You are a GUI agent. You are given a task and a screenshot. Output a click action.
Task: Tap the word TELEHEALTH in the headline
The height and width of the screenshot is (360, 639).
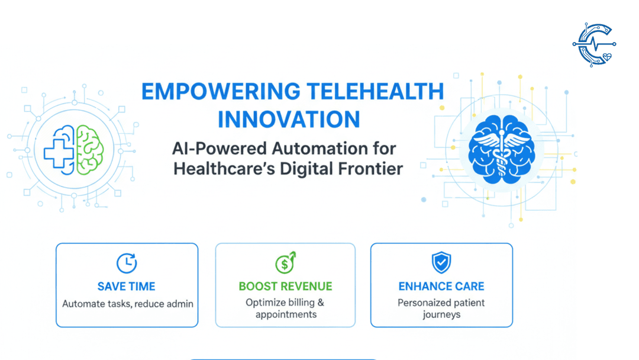pyautogui.click(x=375, y=92)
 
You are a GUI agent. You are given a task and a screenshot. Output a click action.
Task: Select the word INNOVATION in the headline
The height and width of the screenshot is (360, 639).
pyautogui.click(x=289, y=120)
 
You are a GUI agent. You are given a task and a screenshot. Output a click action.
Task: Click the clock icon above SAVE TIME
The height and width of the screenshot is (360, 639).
pyautogui.click(x=127, y=263)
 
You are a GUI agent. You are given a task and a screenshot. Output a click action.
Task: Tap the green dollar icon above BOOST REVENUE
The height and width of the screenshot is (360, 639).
pyautogui.click(x=285, y=263)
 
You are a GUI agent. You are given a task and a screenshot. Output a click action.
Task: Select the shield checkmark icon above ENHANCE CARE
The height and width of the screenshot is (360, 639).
pyautogui.click(x=441, y=262)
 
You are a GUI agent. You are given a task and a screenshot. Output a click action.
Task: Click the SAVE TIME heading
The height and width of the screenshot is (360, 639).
pyautogui.click(x=127, y=287)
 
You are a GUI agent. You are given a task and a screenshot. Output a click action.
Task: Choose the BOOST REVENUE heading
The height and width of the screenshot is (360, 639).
pyautogui.click(x=285, y=287)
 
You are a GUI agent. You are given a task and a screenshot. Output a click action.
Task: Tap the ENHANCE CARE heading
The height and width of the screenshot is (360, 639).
pyautogui.click(x=441, y=287)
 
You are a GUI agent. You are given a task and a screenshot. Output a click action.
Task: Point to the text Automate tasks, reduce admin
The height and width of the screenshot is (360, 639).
pyautogui.click(x=127, y=304)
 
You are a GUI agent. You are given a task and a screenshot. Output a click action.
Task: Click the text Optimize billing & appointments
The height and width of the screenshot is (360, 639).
pyautogui.click(x=285, y=308)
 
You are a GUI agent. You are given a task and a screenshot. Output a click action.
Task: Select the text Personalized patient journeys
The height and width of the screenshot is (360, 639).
pyautogui.click(x=441, y=308)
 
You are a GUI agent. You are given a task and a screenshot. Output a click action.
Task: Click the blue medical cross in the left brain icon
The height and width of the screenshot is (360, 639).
pyautogui.click(x=59, y=150)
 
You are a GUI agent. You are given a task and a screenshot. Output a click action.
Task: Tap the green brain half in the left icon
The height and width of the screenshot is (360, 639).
pyautogui.click(x=91, y=150)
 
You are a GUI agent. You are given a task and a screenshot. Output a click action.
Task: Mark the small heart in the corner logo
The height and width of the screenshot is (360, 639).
pyautogui.click(x=606, y=57)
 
